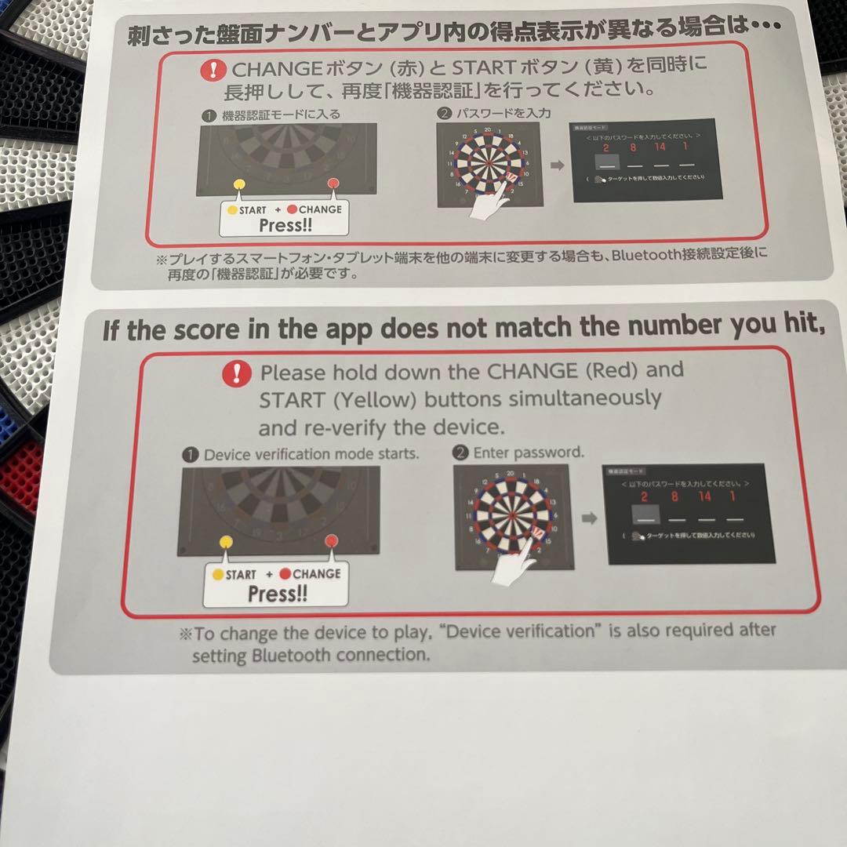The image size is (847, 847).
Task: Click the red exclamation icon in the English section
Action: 236,373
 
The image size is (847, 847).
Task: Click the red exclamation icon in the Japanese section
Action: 212,70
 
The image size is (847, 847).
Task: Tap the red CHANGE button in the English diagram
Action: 331,540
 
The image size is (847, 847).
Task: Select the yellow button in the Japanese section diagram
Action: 240,184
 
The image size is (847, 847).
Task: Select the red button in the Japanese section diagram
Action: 333,184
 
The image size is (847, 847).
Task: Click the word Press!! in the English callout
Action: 277,594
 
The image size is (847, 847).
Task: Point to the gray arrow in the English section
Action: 589,518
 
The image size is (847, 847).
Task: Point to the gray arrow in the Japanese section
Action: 557,166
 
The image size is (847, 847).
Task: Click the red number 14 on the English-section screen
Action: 704,496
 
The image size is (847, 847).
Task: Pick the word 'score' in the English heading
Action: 196,330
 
